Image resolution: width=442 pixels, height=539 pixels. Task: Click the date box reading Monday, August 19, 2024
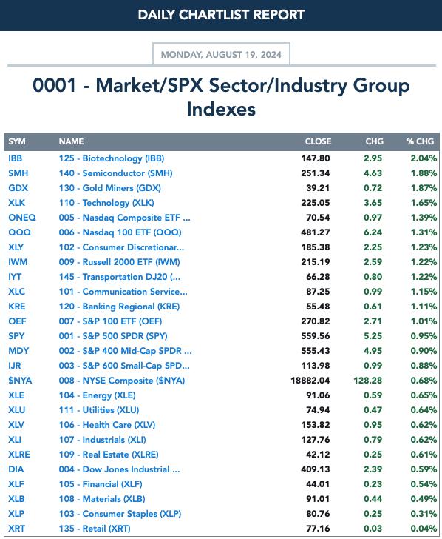pos(221,54)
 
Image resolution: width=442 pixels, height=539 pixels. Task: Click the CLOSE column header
pos(318,141)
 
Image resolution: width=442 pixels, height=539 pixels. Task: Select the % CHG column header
pos(420,141)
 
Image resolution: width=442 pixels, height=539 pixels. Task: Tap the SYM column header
pos(17,141)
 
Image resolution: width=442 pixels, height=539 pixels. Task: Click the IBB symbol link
pos(15,158)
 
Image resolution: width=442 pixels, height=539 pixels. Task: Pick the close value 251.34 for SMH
pos(316,173)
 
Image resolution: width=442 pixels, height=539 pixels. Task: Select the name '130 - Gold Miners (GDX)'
pos(110,188)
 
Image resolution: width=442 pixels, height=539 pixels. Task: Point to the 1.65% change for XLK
pos(424,203)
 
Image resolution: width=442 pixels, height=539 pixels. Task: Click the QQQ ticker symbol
pos(19,232)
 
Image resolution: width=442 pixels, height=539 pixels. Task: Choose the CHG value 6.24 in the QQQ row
pos(373,232)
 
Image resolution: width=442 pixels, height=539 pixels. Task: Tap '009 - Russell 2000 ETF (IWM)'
pos(119,262)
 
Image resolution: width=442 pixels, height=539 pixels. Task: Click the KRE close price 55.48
pos(318,307)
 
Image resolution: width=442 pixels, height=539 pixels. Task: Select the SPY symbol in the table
pos(16,336)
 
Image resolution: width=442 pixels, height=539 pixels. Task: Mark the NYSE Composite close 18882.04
pos(310,381)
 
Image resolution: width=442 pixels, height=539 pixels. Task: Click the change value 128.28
pos(368,381)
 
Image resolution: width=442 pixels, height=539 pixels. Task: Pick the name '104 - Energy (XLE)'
pos(97,395)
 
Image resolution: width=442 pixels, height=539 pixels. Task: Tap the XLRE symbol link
pos(19,455)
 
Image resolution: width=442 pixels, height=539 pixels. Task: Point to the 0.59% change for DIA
pos(424,469)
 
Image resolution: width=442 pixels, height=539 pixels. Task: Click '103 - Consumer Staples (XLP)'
pos(120,514)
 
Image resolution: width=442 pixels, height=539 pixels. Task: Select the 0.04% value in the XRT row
pos(424,529)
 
